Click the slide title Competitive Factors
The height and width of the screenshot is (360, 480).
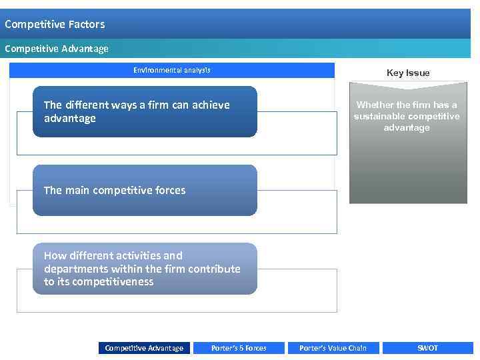click(55, 25)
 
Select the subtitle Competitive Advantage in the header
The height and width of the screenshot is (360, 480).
click(57, 49)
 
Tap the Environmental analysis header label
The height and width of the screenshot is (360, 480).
click(172, 70)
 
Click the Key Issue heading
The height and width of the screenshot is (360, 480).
click(408, 73)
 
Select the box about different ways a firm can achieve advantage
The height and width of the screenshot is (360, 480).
click(145, 111)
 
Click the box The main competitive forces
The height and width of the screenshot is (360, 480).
click(145, 190)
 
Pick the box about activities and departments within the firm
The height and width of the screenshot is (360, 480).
click(145, 269)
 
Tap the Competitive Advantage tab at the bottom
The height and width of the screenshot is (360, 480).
click(144, 348)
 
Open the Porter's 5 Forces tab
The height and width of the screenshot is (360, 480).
click(239, 348)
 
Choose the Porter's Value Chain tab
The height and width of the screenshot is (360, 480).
click(333, 348)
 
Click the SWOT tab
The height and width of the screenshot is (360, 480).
click(427, 348)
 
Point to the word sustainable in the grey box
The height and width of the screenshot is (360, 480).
click(379, 117)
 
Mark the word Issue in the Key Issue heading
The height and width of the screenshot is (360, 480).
click(419, 73)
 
